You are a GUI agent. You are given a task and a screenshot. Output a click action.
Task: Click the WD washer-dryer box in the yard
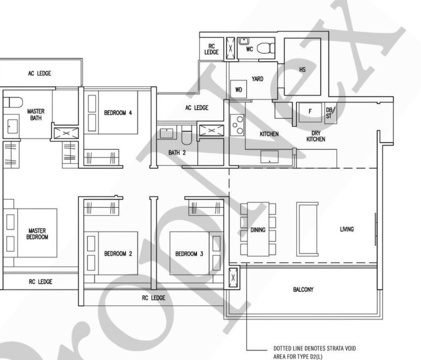coord(238,89)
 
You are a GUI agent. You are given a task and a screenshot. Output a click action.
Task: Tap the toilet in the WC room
coord(266,48)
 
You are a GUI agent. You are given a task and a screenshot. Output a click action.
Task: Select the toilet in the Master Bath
coord(12,102)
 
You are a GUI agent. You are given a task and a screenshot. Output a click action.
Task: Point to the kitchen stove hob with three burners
coord(237,125)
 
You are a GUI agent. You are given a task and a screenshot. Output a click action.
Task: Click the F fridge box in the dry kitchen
coord(310,112)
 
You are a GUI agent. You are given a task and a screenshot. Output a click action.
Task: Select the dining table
coord(258,229)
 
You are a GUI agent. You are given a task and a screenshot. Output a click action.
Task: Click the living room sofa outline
coord(307,229)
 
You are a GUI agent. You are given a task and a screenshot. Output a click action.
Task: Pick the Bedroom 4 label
coord(118,113)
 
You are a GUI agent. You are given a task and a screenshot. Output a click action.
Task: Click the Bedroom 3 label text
coord(189,254)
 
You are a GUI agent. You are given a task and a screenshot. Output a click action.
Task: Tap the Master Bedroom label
coord(37,234)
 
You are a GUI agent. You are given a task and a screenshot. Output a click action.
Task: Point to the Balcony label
coord(303,289)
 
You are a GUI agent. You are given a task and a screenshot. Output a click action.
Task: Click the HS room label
coord(302,69)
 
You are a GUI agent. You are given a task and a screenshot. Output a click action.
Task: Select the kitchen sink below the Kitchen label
coord(269,157)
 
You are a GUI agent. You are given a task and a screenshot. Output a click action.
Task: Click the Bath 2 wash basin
coord(166,133)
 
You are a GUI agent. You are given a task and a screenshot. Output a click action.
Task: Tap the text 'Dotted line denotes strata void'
coord(315,348)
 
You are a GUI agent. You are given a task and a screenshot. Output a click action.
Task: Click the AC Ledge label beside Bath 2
coord(197,108)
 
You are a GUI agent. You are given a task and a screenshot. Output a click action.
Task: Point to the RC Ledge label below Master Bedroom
coord(41,282)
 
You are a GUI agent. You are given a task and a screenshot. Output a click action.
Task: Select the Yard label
coord(257,78)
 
